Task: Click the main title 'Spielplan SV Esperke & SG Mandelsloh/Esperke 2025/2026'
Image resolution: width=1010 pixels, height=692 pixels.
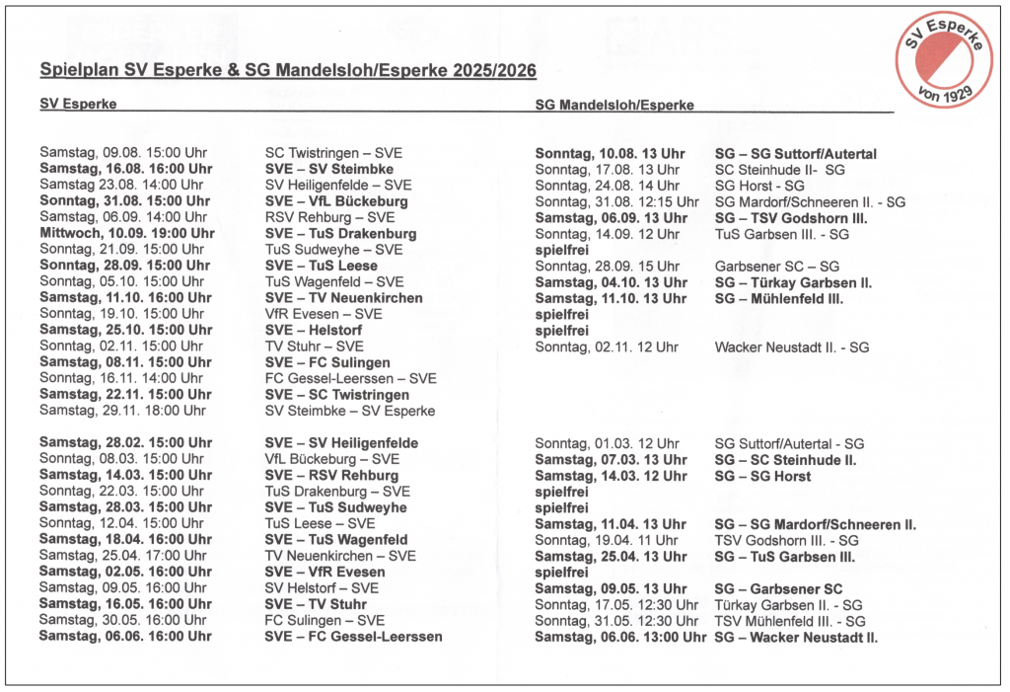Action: [288, 71]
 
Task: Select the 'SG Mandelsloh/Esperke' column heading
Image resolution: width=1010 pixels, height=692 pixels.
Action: [614, 105]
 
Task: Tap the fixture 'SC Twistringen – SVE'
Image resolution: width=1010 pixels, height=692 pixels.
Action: [333, 153]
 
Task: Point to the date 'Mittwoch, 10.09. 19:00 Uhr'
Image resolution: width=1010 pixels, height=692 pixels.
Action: [126, 234]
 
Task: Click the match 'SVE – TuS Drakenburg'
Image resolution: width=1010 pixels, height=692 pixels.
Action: [340, 234]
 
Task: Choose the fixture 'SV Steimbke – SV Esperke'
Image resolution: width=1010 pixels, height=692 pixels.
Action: [350, 411]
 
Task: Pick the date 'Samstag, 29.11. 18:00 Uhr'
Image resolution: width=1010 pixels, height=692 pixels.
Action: [122, 411]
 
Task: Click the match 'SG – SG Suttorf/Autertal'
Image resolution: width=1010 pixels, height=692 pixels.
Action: [795, 154]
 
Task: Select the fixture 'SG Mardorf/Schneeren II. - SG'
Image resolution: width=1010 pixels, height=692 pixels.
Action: [809, 201]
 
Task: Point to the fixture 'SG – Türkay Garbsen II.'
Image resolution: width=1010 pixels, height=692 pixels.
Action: [792, 282]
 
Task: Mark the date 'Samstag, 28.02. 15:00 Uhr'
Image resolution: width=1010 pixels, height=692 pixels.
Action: [125, 442]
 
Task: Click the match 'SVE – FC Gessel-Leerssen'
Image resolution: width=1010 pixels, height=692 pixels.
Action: [353, 637]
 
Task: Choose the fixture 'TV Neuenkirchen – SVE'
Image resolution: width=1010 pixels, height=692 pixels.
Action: [340, 556]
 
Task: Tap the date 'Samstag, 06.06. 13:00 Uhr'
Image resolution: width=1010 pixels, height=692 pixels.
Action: [620, 637]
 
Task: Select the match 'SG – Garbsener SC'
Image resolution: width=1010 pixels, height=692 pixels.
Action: [777, 588]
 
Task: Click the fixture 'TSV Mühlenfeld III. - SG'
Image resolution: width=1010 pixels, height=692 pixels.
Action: [789, 621]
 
